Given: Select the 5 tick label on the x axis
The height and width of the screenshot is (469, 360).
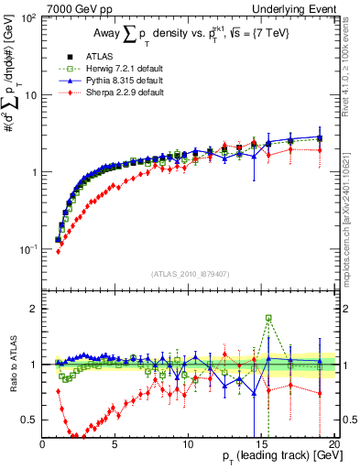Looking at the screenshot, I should [115, 442].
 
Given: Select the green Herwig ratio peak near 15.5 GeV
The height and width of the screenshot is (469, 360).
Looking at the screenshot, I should [268, 318].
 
